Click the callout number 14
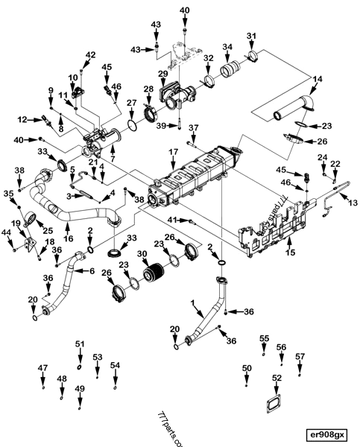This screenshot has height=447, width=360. click(318, 79)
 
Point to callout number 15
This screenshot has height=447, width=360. click(291, 253)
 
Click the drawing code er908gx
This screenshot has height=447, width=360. click(328, 434)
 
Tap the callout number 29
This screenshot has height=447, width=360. click(162, 73)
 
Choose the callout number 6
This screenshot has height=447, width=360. click(92, 270)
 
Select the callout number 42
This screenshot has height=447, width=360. click(91, 55)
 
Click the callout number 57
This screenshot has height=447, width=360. click(300, 357)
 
